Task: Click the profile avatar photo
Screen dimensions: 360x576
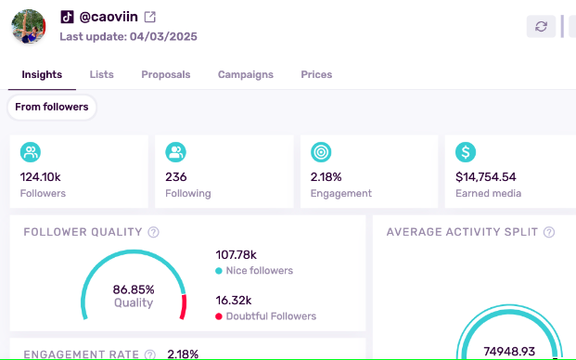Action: (29, 27)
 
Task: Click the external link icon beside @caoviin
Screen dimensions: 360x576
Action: (150, 18)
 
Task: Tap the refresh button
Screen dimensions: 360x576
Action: (541, 26)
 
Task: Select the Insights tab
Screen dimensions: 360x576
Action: (42, 74)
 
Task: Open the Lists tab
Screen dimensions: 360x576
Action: (102, 74)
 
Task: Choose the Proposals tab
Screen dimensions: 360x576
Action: (166, 74)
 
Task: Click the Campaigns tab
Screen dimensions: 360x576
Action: (246, 74)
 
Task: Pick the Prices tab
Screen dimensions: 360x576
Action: (316, 74)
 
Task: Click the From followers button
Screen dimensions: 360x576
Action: (52, 107)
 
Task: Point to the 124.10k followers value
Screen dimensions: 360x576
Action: (41, 176)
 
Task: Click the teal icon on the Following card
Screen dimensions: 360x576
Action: (176, 152)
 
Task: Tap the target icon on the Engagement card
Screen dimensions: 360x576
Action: (321, 152)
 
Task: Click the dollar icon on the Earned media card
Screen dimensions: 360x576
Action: (467, 152)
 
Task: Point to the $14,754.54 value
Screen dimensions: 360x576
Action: (486, 176)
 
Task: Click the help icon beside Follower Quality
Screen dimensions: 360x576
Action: (154, 232)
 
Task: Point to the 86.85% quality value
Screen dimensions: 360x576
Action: (134, 289)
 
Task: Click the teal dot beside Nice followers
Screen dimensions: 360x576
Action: (218, 271)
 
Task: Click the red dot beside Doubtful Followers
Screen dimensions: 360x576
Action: (218, 316)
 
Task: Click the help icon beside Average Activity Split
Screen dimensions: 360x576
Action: (550, 232)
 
